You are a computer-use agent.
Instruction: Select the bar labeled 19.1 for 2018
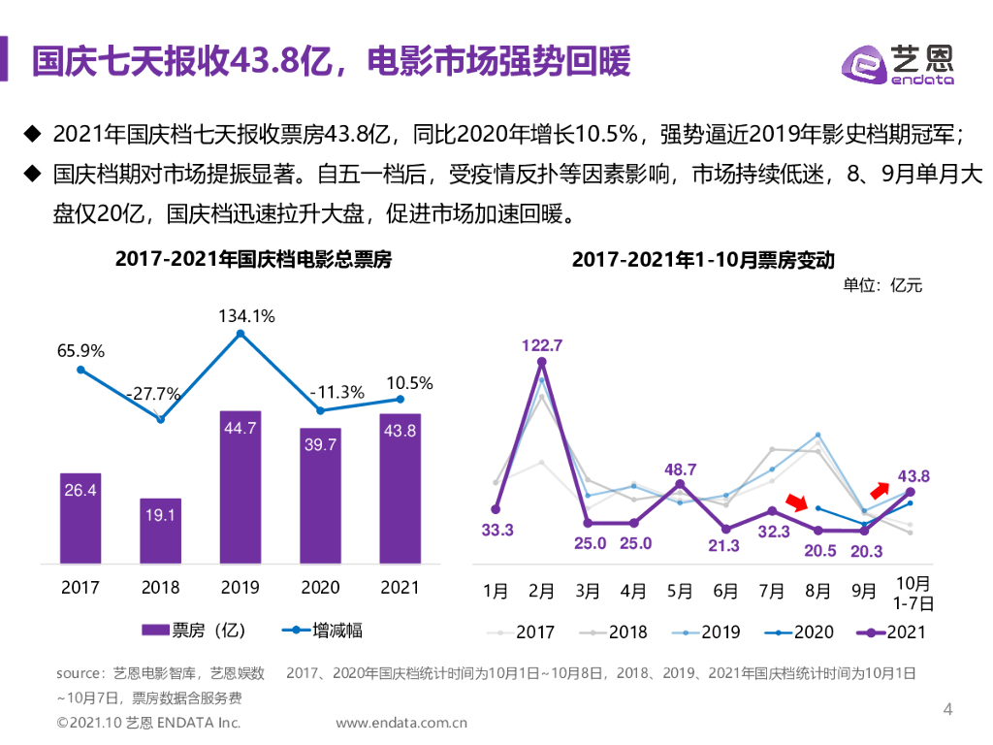click(160, 531)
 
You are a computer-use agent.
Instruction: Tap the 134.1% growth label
click(246, 315)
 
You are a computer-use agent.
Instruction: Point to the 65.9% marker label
click(80, 350)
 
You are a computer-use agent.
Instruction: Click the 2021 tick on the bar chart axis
click(400, 587)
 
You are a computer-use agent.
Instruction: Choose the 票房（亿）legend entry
click(193, 631)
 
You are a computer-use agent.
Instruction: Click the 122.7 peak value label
click(541, 345)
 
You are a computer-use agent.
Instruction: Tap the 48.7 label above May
click(681, 470)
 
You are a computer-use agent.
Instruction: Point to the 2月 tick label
click(541, 590)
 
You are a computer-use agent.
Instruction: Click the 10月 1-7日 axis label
click(912, 593)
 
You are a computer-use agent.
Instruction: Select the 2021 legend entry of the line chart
click(893, 632)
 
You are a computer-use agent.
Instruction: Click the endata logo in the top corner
click(897, 64)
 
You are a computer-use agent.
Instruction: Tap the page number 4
click(948, 709)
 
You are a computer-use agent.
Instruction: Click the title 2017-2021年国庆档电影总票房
click(253, 260)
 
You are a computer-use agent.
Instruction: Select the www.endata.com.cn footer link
click(401, 723)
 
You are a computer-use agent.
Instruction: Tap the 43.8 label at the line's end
click(913, 476)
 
